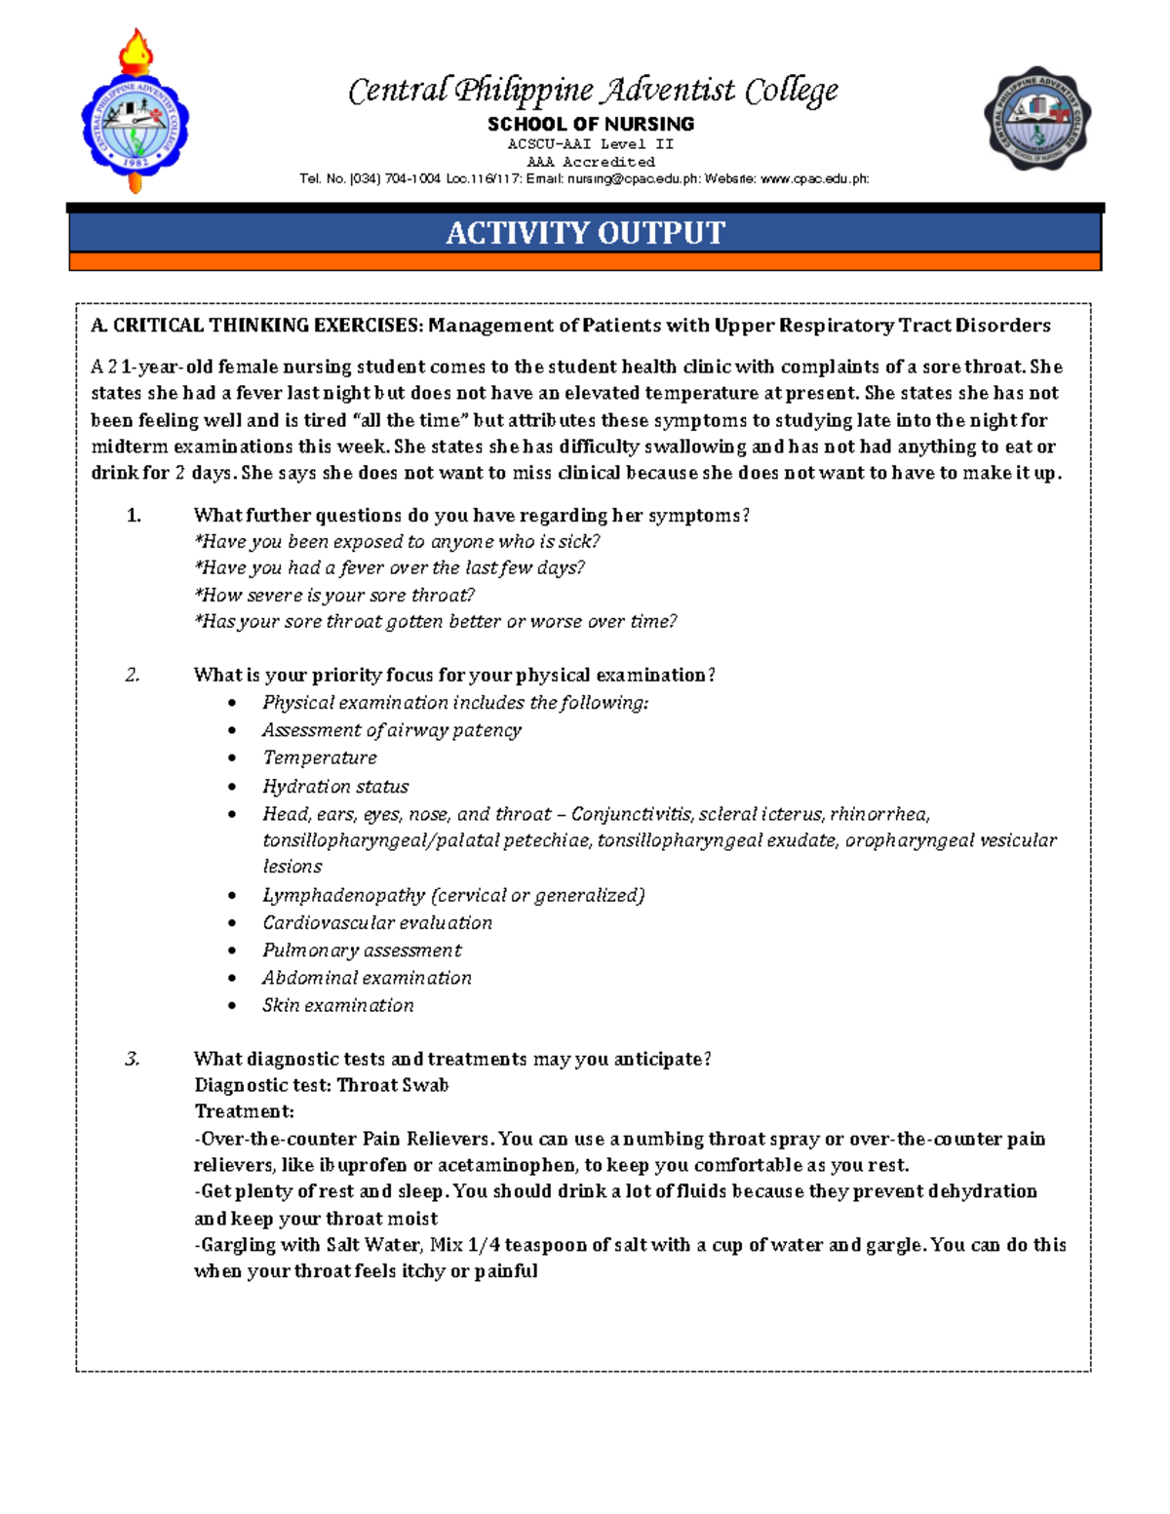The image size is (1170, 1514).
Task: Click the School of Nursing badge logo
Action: pos(1036,119)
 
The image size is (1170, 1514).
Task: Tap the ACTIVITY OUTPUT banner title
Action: pos(585,233)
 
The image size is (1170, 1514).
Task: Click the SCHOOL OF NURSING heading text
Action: pos(591,124)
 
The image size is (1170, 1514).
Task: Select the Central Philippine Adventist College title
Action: pos(593,91)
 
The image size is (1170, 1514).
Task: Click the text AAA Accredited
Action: pos(591,162)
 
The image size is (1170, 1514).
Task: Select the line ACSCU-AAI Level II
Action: pos(591,143)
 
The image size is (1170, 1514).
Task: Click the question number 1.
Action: pos(134,516)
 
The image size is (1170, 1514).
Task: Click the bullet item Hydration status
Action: pos(335,786)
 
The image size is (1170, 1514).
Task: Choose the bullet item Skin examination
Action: pos(337,1005)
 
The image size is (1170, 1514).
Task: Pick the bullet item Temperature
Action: pos(319,757)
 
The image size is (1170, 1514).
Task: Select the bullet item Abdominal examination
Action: pos(367,978)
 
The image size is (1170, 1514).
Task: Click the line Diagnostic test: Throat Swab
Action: pos(321,1085)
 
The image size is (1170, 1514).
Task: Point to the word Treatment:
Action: pos(244,1111)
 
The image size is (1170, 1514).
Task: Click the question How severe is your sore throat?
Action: pos(334,595)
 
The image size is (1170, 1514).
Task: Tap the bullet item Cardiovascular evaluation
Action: pos(376,922)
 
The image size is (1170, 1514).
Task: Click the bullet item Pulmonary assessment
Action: pos(362,950)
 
